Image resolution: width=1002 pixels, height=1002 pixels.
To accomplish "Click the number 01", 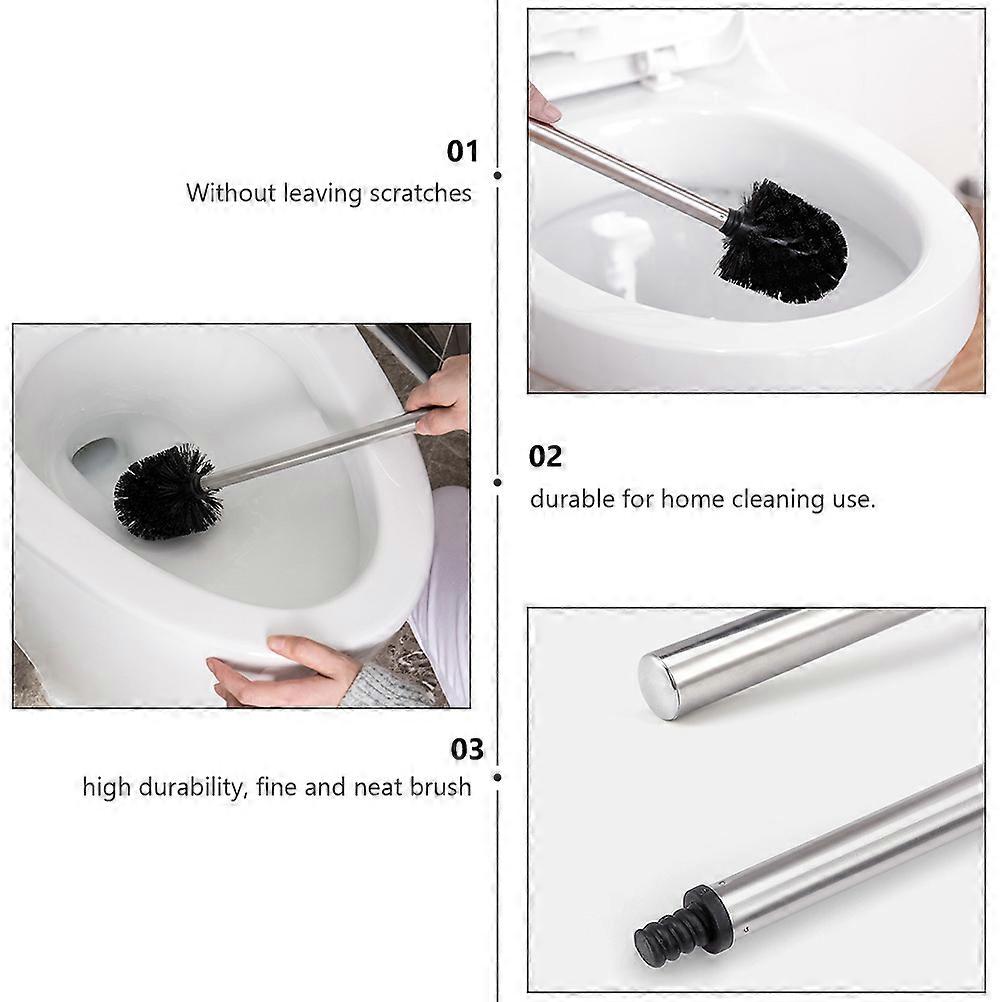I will pyautogui.click(x=462, y=152).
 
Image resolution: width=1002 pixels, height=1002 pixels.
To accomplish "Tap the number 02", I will pyautogui.click(x=546, y=457).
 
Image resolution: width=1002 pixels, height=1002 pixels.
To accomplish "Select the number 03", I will pyautogui.click(x=466, y=749).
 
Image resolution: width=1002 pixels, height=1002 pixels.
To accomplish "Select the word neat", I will pyautogui.click(x=379, y=787).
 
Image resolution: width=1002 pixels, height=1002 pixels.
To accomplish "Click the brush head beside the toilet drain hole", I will pyautogui.click(x=165, y=492).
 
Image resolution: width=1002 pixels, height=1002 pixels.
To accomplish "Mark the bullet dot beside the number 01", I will pyautogui.click(x=498, y=175).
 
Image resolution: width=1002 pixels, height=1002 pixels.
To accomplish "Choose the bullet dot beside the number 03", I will pyautogui.click(x=498, y=776).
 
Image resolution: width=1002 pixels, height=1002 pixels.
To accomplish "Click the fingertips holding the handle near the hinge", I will pyautogui.click(x=543, y=106).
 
